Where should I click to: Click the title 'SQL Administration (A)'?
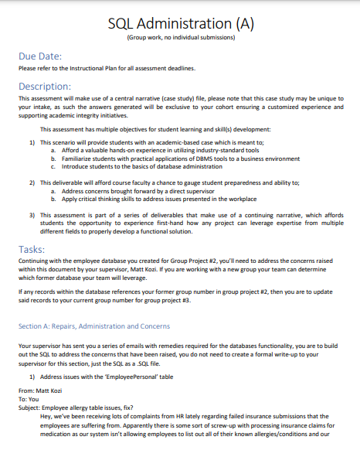pyautogui.click(x=179, y=24)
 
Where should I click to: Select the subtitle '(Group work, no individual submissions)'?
pyautogui.click(x=179, y=38)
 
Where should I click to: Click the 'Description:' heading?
pyautogui.click(x=45, y=86)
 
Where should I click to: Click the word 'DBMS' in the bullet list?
pyautogui.click(x=175, y=159)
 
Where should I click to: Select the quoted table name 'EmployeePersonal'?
pyautogui.click(x=131, y=375)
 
